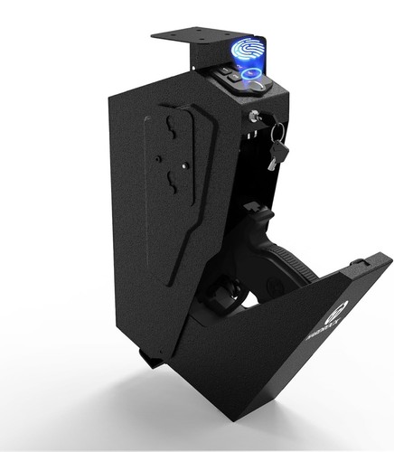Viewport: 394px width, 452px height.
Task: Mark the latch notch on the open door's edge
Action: point(361,264)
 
